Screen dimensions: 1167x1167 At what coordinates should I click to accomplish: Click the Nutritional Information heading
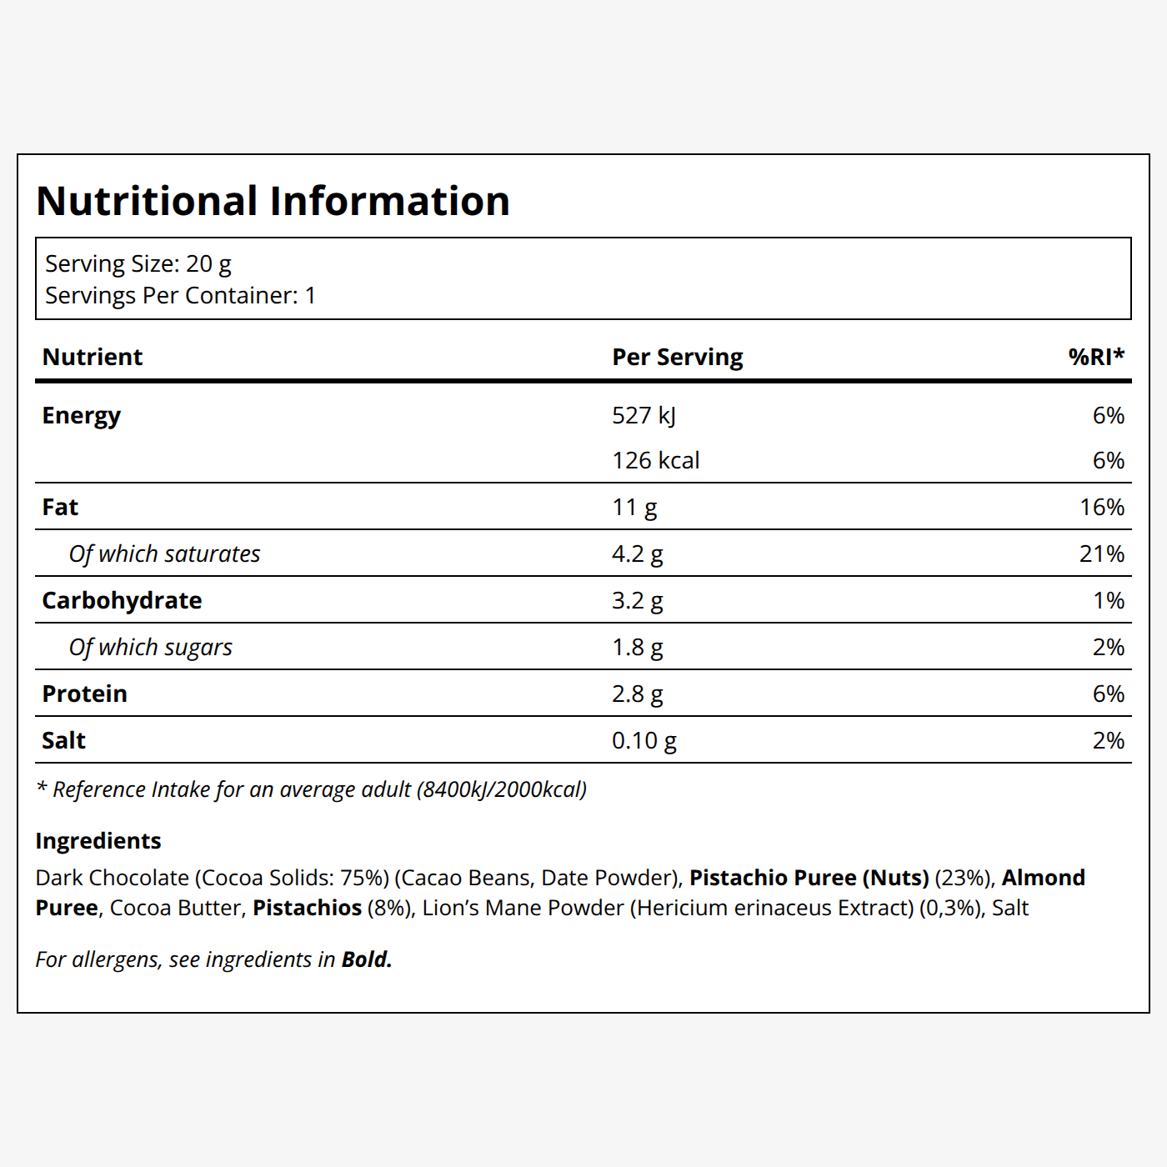(273, 201)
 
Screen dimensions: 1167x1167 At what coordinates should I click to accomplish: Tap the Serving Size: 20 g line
(138, 264)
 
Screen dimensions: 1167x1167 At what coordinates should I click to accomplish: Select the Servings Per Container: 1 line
(181, 296)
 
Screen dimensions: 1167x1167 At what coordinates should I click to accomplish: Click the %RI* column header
(1096, 357)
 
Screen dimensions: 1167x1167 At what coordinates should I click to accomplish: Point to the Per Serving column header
(677, 358)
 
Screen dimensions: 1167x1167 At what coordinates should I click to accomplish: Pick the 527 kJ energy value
(644, 416)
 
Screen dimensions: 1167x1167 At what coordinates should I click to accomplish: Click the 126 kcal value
(656, 461)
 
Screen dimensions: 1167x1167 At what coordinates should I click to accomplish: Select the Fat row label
(60, 508)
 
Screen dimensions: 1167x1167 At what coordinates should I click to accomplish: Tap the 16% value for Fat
(1102, 508)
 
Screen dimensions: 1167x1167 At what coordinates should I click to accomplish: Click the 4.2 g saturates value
(637, 554)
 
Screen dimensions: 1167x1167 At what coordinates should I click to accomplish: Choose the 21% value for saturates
(1102, 554)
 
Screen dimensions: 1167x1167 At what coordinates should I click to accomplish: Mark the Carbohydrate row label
(122, 601)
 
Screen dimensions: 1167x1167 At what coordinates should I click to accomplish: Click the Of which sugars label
(150, 648)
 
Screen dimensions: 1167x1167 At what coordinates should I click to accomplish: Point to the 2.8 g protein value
(637, 694)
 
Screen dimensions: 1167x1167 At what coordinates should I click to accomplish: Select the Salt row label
(63, 741)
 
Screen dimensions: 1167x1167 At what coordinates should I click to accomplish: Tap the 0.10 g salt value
(644, 741)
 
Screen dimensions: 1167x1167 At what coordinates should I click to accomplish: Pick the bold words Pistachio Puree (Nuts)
(809, 878)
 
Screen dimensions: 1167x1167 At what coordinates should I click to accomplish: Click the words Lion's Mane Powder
(523, 909)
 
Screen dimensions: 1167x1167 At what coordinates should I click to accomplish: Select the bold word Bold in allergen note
(367, 960)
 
